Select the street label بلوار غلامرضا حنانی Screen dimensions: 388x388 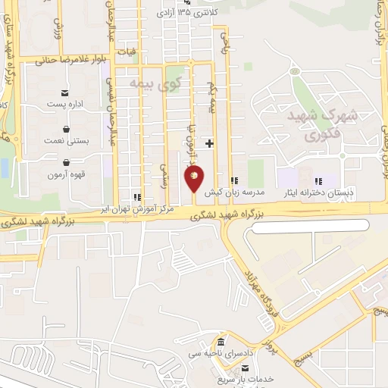pos(66,58)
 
